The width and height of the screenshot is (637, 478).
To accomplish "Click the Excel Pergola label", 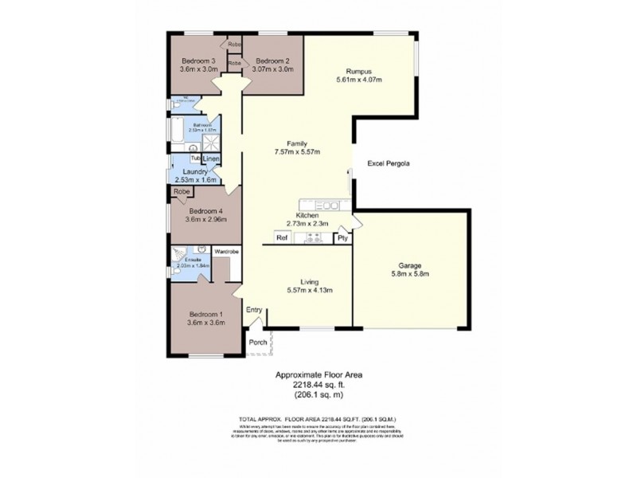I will point(389,164).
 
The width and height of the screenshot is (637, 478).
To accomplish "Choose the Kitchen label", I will point(307,215).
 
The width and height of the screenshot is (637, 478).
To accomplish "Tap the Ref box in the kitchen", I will point(281,237).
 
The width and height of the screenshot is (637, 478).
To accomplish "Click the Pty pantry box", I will point(342,237).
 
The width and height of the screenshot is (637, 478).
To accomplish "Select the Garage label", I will point(409,265).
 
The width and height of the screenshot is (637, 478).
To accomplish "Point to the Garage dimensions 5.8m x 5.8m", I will point(409,275).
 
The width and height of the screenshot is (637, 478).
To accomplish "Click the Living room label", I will point(311,281).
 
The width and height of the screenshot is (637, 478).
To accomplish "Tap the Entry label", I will point(254,310).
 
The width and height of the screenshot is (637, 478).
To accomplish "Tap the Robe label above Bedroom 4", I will point(182,192).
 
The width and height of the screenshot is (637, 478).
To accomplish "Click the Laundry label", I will point(195,171).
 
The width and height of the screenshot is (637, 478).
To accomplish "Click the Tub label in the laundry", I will point(195,158).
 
